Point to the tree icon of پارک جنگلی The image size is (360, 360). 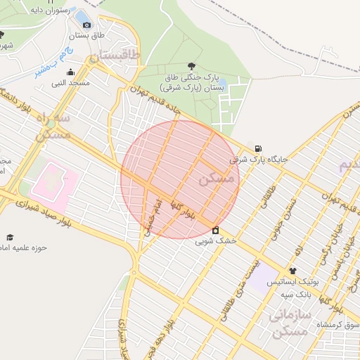point(191,65)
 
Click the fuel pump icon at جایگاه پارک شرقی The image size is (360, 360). point(259,148)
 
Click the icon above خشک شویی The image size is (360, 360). point(214,230)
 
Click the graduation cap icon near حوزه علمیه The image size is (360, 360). point(11,238)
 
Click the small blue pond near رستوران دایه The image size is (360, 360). point(82,16)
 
